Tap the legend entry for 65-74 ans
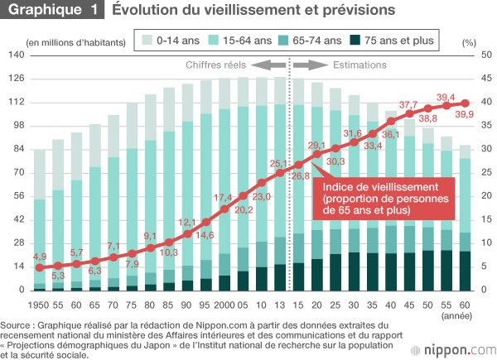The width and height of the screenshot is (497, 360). pyautogui.click(x=321, y=40)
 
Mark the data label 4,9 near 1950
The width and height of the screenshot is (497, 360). pyautogui.click(x=40, y=257)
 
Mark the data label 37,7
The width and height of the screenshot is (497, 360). pyautogui.click(x=409, y=106)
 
